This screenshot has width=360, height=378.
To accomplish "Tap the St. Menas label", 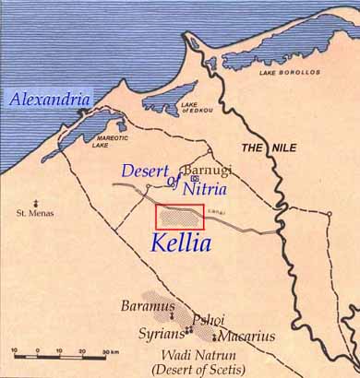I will (x=35, y=214).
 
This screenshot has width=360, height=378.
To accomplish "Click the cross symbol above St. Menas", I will (x=35, y=202).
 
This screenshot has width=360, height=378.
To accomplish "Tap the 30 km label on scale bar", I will (x=109, y=352).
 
